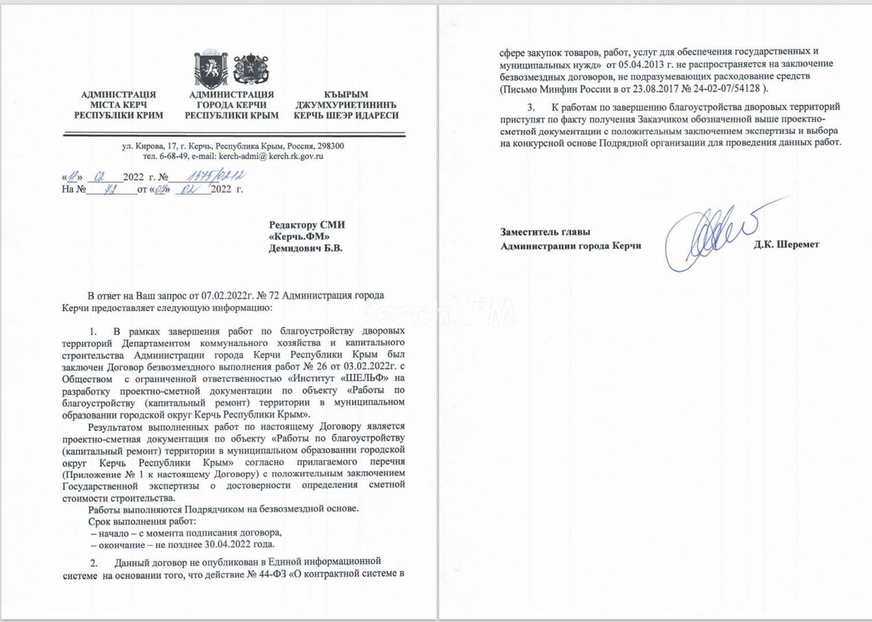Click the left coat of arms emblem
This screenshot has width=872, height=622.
[x=210, y=70]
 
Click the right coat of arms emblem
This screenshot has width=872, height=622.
[x=251, y=70]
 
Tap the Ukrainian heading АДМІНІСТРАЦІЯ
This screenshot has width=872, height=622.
[x=119, y=94]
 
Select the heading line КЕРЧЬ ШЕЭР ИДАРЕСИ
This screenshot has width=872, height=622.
[x=346, y=116]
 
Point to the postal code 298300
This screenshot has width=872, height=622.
[x=331, y=146]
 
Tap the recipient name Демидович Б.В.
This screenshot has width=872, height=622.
[x=306, y=248]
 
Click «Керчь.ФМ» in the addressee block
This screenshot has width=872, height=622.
[x=299, y=237]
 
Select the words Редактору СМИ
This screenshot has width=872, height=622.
[x=307, y=225]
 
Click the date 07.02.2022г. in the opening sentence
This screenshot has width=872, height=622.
[x=228, y=296]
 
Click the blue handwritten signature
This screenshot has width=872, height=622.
[x=708, y=236]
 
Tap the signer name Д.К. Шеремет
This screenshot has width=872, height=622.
[x=786, y=245]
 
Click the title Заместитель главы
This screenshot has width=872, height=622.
[x=545, y=232]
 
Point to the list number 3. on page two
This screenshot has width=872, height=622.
[x=531, y=107]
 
